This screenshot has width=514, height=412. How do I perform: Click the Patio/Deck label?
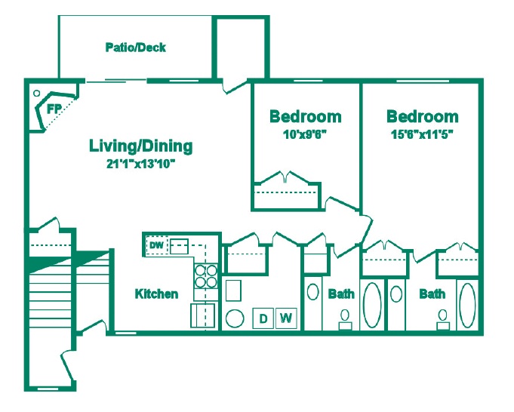(136, 48)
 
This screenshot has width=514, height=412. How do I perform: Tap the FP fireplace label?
(54, 109)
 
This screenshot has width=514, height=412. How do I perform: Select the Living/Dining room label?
(140, 146)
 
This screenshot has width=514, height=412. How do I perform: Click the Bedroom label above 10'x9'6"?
(306, 117)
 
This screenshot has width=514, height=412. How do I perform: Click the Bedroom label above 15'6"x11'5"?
(422, 117)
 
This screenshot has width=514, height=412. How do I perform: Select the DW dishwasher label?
(156, 245)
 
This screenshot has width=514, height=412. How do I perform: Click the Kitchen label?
(157, 294)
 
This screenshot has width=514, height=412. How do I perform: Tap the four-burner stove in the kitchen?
(206, 275)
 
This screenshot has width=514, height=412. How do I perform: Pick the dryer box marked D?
(263, 318)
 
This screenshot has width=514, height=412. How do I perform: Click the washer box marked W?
(285, 318)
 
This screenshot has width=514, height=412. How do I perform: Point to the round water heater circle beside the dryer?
(235, 318)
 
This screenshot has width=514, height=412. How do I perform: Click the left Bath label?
(341, 294)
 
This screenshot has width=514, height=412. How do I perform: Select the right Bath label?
(432, 294)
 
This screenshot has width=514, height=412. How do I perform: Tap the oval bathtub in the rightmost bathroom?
(467, 306)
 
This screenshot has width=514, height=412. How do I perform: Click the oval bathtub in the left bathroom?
(373, 306)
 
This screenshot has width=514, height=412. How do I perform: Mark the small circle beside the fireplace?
(36, 93)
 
